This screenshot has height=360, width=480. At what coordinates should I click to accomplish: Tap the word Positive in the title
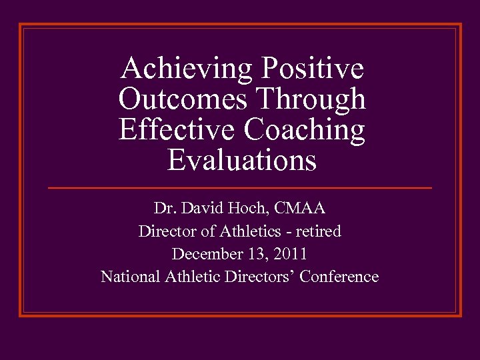point(313,68)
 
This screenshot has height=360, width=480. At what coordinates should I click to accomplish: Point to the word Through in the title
point(311,99)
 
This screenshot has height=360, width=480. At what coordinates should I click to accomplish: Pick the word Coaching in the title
point(304,131)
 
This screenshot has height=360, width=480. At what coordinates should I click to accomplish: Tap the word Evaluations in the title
point(242,161)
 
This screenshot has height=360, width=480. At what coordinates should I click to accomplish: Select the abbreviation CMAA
point(299,209)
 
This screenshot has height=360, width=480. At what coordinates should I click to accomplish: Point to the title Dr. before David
point(163,209)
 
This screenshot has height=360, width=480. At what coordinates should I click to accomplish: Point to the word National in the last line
point(129,277)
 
